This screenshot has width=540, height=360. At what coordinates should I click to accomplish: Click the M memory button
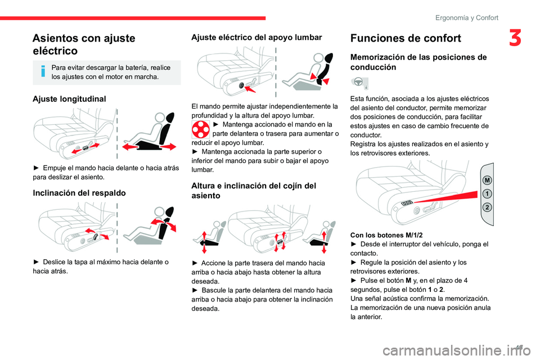click(x=487, y=180)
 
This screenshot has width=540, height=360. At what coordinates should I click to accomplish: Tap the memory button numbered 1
click(x=487, y=193)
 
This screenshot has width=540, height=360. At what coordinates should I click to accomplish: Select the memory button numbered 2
click(x=487, y=208)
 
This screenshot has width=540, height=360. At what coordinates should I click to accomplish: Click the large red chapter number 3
click(x=515, y=38)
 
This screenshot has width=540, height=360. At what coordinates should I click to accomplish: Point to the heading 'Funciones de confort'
click(x=406, y=38)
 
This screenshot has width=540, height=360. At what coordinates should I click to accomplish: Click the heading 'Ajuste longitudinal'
click(x=69, y=99)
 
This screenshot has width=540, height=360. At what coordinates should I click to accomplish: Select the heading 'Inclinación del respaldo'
click(x=79, y=193)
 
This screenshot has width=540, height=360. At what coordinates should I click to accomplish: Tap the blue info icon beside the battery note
click(x=43, y=71)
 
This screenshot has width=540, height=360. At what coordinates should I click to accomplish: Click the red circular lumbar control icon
click(x=200, y=129)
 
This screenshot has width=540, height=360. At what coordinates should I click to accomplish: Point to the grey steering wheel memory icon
click(x=360, y=83)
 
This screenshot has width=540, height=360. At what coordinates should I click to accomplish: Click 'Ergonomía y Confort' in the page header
click(x=467, y=17)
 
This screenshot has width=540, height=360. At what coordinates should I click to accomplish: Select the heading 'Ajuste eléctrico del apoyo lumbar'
click(x=256, y=37)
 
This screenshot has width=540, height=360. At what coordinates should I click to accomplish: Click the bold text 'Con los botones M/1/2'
click(x=386, y=235)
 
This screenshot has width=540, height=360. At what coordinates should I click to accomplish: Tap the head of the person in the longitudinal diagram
click(x=159, y=118)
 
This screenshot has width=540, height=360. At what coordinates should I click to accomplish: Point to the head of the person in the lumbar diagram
click(x=318, y=58)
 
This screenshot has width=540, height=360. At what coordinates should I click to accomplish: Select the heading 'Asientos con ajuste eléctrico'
click(x=84, y=44)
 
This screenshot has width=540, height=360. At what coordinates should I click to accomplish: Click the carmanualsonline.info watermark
click(x=457, y=351)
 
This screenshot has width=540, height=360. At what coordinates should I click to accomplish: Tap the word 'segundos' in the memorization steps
click(x=363, y=290)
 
